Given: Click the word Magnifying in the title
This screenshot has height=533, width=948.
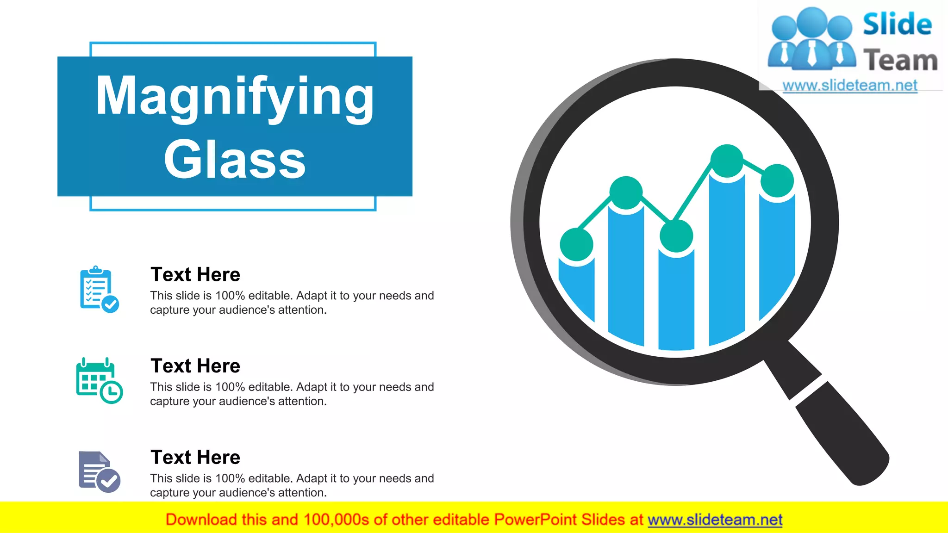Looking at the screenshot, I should point(235,96).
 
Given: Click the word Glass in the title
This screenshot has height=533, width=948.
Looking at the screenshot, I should point(235,160).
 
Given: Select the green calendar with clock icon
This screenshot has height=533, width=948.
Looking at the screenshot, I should point(99,380).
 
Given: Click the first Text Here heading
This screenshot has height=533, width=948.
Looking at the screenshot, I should point(195,274).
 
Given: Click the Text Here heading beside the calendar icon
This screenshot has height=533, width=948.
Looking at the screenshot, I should point(195,366).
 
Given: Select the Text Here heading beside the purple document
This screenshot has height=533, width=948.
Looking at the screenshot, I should point(195,457).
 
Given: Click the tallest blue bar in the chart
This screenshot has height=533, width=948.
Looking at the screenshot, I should point(727,259).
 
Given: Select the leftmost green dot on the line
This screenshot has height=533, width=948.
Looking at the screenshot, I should point(576,244).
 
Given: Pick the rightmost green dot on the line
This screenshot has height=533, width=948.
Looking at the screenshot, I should point(777,180).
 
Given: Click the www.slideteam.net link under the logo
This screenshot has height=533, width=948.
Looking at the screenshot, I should point(850,85).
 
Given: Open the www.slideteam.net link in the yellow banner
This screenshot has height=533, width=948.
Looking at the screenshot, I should point(715,520).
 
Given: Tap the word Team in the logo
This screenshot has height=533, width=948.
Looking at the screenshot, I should point(900,61).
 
